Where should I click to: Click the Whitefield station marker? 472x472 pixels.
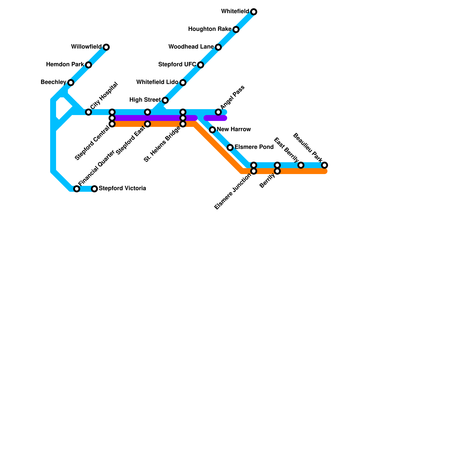[254, 12]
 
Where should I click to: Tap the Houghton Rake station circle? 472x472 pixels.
[236, 29]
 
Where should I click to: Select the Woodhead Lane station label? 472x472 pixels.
[191, 47]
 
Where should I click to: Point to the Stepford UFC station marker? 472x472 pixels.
[201, 65]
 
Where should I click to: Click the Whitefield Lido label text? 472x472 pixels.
[157, 82]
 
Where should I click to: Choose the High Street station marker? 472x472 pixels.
[165, 100]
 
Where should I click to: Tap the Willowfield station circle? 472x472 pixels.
[106, 47]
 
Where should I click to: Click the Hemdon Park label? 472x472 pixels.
[65, 65]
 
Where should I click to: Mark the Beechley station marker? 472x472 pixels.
[71, 83]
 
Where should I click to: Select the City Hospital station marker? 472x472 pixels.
[88, 112]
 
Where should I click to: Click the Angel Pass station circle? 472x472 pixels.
[218, 112]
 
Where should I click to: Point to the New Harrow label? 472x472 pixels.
[234, 130]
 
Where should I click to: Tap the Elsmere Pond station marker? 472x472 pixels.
[230, 147]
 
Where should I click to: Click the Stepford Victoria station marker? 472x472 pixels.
[94, 189]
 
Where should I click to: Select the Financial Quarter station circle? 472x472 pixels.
[77, 189]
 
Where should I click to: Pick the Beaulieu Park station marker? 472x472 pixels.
[324, 165]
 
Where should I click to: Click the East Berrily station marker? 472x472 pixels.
[301, 165]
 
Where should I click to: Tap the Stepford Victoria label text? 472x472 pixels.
[122, 189]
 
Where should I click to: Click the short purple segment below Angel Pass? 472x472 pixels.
[215, 118]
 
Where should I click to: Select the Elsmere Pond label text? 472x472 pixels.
[254, 147]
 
